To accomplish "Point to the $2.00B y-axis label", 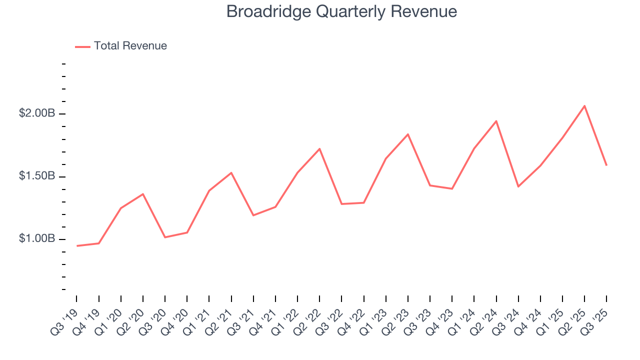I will (x=37, y=113).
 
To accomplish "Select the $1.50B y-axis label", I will (x=37, y=176).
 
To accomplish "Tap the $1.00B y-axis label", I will (x=37, y=239).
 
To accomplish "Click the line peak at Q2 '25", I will (x=584, y=105).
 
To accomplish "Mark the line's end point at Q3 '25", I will (x=606, y=165).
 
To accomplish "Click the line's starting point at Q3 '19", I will (x=77, y=246).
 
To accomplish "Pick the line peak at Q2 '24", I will (x=496, y=121).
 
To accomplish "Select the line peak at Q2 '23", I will (x=408, y=134).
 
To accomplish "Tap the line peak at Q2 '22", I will (x=319, y=148).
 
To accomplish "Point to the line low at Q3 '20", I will (x=165, y=237).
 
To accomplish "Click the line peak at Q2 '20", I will (x=143, y=194).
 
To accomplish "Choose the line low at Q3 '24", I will (x=518, y=186).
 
